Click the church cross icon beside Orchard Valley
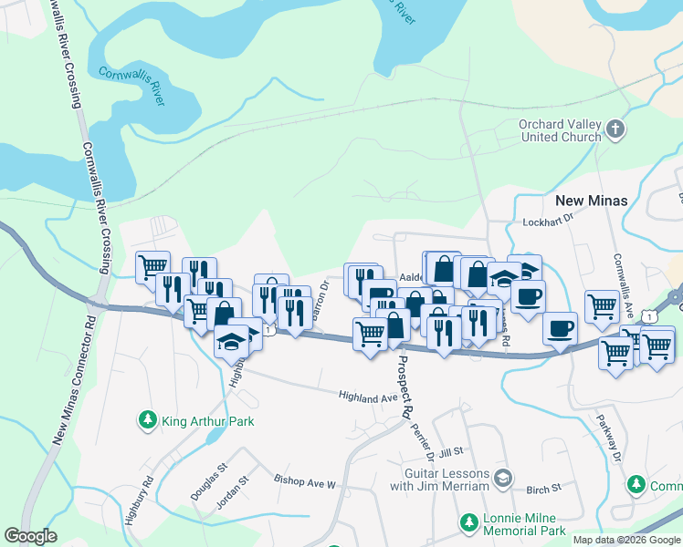[616, 129]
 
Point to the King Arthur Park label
[207, 421]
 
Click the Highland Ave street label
[368, 397]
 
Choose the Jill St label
[452, 451]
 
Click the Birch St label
[543, 489]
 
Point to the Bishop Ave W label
[305, 479]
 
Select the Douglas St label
[209, 481]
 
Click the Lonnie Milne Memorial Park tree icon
[468, 523]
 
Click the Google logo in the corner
[30, 536]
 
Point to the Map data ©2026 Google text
[625, 540]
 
